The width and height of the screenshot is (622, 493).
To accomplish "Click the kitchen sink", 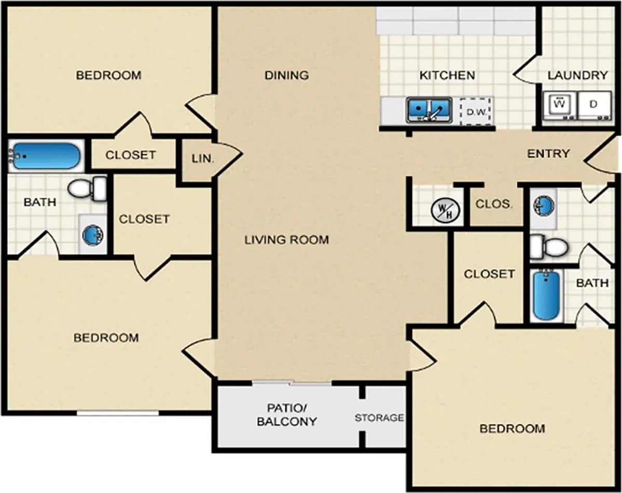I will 429,109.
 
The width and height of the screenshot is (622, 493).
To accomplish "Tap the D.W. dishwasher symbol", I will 475,111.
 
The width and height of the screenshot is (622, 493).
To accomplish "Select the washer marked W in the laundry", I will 559,105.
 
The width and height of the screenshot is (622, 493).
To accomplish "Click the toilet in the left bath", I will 87,188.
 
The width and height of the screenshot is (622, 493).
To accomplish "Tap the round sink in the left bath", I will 93,235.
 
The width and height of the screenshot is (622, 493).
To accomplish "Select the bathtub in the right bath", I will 546,294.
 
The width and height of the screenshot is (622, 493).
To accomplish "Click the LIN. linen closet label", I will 203,159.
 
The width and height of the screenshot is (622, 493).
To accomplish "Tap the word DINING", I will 287,75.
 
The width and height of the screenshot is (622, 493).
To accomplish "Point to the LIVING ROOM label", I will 287,240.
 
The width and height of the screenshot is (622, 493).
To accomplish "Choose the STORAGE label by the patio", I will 379,417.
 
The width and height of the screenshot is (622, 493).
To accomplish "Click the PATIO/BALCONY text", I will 287,414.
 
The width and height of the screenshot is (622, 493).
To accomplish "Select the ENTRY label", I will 548,154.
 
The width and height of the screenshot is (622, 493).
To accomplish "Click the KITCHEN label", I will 447,75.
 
